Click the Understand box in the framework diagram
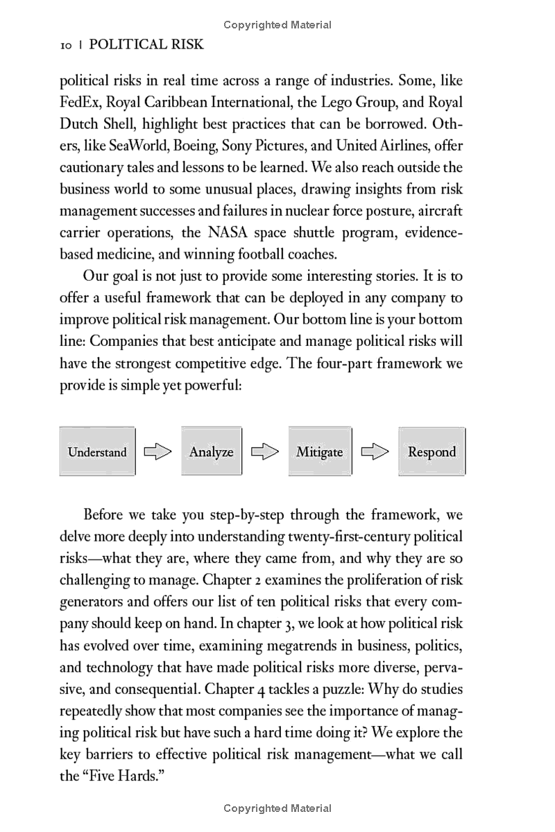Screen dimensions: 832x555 pyautogui.click(x=97, y=452)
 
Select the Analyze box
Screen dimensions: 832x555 pyautogui.click(x=211, y=452)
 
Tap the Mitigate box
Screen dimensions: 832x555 pyautogui.click(x=319, y=452)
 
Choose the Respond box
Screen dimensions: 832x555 pyautogui.click(x=432, y=452)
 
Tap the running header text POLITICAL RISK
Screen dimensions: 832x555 pyautogui.click(x=146, y=45)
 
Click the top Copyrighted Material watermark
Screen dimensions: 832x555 pyautogui.click(x=277, y=25)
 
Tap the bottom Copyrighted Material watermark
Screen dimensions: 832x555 pyautogui.click(x=277, y=808)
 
